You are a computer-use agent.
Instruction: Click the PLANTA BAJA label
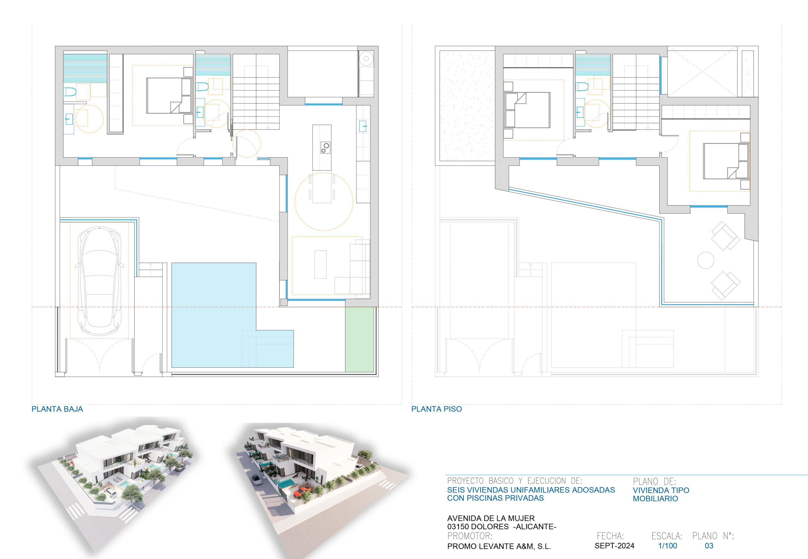pos(57,409)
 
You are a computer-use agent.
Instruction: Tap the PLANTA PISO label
pos(437,409)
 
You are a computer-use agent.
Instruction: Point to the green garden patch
pos(359,339)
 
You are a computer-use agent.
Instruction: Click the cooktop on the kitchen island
pos(325,148)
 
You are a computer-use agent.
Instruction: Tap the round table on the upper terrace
pos(706,260)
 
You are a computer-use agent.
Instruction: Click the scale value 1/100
pos(668,546)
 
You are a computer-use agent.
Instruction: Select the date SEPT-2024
pos(615,546)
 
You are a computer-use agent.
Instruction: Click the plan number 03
pos(709,546)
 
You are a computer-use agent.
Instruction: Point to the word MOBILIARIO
pos(655,498)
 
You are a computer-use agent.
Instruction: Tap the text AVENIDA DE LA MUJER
pos(491,518)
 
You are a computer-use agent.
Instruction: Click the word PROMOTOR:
pos(470,536)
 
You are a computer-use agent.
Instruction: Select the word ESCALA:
pos(667,536)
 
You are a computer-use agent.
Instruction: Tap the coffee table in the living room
pos(320,265)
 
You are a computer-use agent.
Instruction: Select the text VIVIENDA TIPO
pos(661,490)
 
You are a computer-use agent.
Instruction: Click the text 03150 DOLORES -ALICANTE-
pos(502,527)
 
